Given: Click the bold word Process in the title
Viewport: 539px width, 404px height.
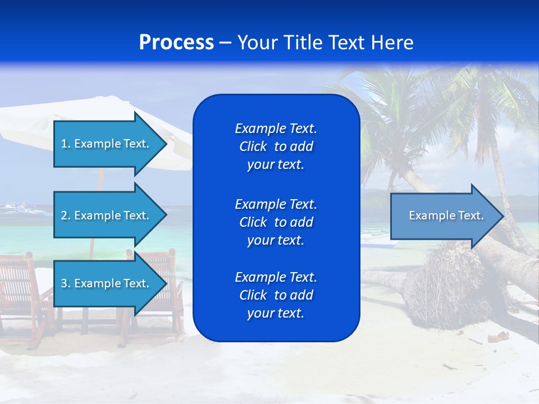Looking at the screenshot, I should [x=176, y=42].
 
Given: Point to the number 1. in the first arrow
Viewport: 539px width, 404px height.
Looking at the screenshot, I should [x=66, y=144].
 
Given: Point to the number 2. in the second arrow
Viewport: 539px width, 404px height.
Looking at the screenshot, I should [x=66, y=215].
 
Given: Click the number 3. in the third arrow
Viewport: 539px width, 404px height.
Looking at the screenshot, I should [x=66, y=283].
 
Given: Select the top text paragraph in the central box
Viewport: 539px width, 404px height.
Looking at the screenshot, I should [x=276, y=146].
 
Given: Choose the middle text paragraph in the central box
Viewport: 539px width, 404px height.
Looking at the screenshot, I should [x=276, y=222].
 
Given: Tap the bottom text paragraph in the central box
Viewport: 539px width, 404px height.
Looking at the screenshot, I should [x=276, y=295].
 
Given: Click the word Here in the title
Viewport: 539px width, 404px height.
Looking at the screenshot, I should [x=392, y=42].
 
